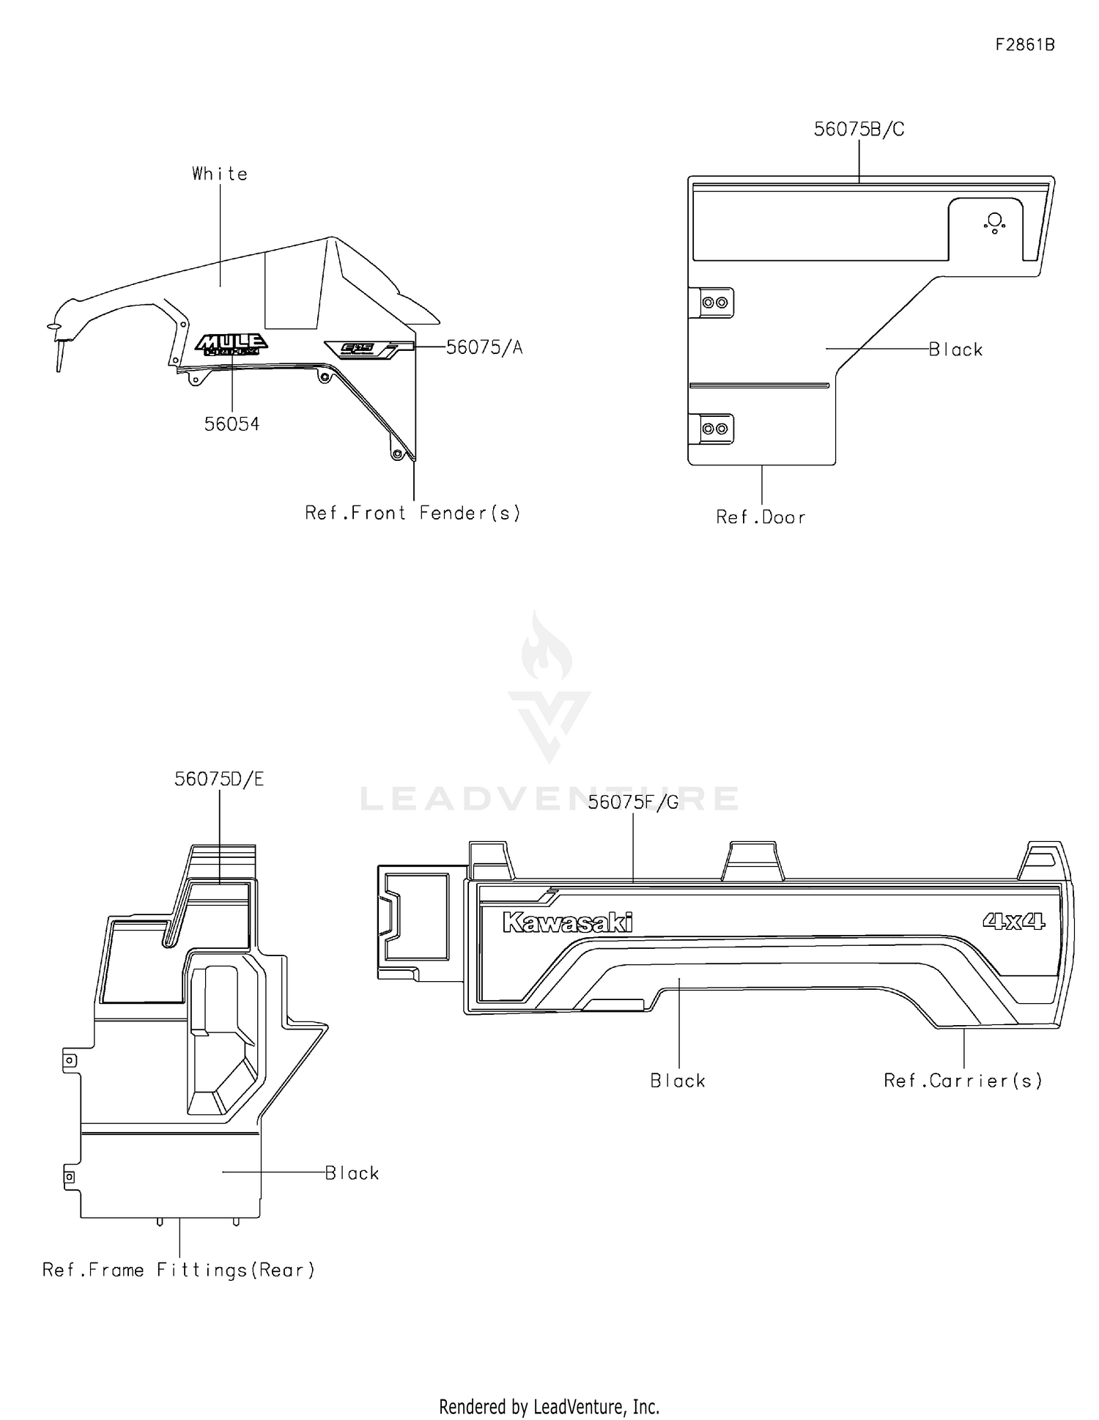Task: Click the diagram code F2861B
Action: pyautogui.click(x=1024, y=45)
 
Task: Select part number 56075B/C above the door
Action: pyautogui.click(x=859, y=130)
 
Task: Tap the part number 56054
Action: pyautogui.click(x=232, y=424)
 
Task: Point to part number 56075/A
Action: pyautogui.click(x=484, y=347)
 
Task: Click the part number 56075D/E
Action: pyautogui.click(x=219, y=780)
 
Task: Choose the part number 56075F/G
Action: pyautogui.click(x=633, y=802)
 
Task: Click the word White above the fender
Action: pyautogui.click(x=220, y=174)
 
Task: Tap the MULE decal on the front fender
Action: pyautogui.click(x=232, y=344)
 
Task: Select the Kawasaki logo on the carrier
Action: pyautogui.click(x=567, y=922)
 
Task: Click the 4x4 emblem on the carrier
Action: pyautogui.click(x=1014, y=921)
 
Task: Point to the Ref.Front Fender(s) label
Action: pyautogui.click(x=412, y=513)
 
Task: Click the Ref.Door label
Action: pyautogui.click(x=761, y=517)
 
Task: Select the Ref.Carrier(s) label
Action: pyautogui.click(x=963, y=1081)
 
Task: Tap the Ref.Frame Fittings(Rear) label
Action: pyautogui.click(x=179, y=1270)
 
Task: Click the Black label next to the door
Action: pyautogui.click(x=955, y=350)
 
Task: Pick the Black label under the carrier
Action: pyautogui.click(x=678, y=1081)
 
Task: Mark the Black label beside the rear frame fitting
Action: pyautogui.click(x=352, y=1173)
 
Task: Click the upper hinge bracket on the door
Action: pyautogui.click(x=714, y=303)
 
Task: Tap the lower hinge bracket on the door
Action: pyautogui.click(x=714, y=429)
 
